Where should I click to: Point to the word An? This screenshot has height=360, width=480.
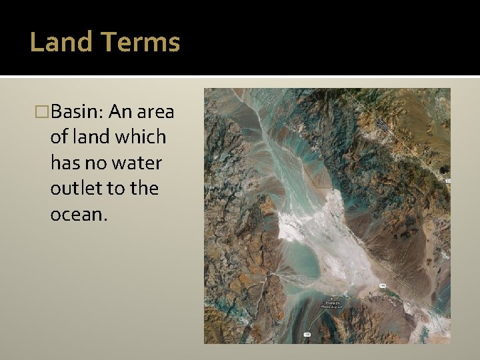point(121,111)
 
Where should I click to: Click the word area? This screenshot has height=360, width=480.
point(156,111)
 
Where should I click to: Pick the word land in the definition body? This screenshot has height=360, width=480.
point(92,137)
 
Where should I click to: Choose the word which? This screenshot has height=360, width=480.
point(141,137)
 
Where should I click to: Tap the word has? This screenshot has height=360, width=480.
point(64,163)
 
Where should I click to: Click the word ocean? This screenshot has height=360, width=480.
point(77,214)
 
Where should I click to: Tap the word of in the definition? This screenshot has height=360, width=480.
point(59,137)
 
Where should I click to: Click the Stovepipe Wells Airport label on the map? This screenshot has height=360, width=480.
point(332,303)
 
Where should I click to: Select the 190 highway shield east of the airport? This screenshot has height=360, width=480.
point(382,286)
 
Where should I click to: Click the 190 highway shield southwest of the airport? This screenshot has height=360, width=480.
point(307,333)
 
